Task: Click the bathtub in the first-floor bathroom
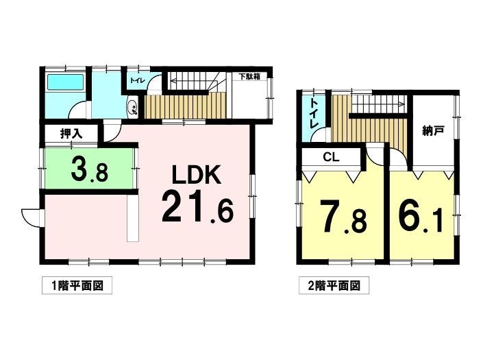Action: point(66,82)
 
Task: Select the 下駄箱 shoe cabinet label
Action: point(249,76)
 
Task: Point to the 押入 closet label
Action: point(71,134)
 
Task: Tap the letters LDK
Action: point(196,175)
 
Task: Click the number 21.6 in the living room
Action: point(197,207)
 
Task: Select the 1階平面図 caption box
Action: point(77,286)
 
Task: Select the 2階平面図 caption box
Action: point(334,286)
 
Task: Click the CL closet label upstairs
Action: point(331,158)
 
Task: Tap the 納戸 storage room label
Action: point(433,131)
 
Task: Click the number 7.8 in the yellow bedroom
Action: point(343,217)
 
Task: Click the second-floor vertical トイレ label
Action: point(314,114)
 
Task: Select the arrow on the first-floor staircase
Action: point(194,82)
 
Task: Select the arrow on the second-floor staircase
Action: point(378,104)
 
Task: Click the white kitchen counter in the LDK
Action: point(133,218)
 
